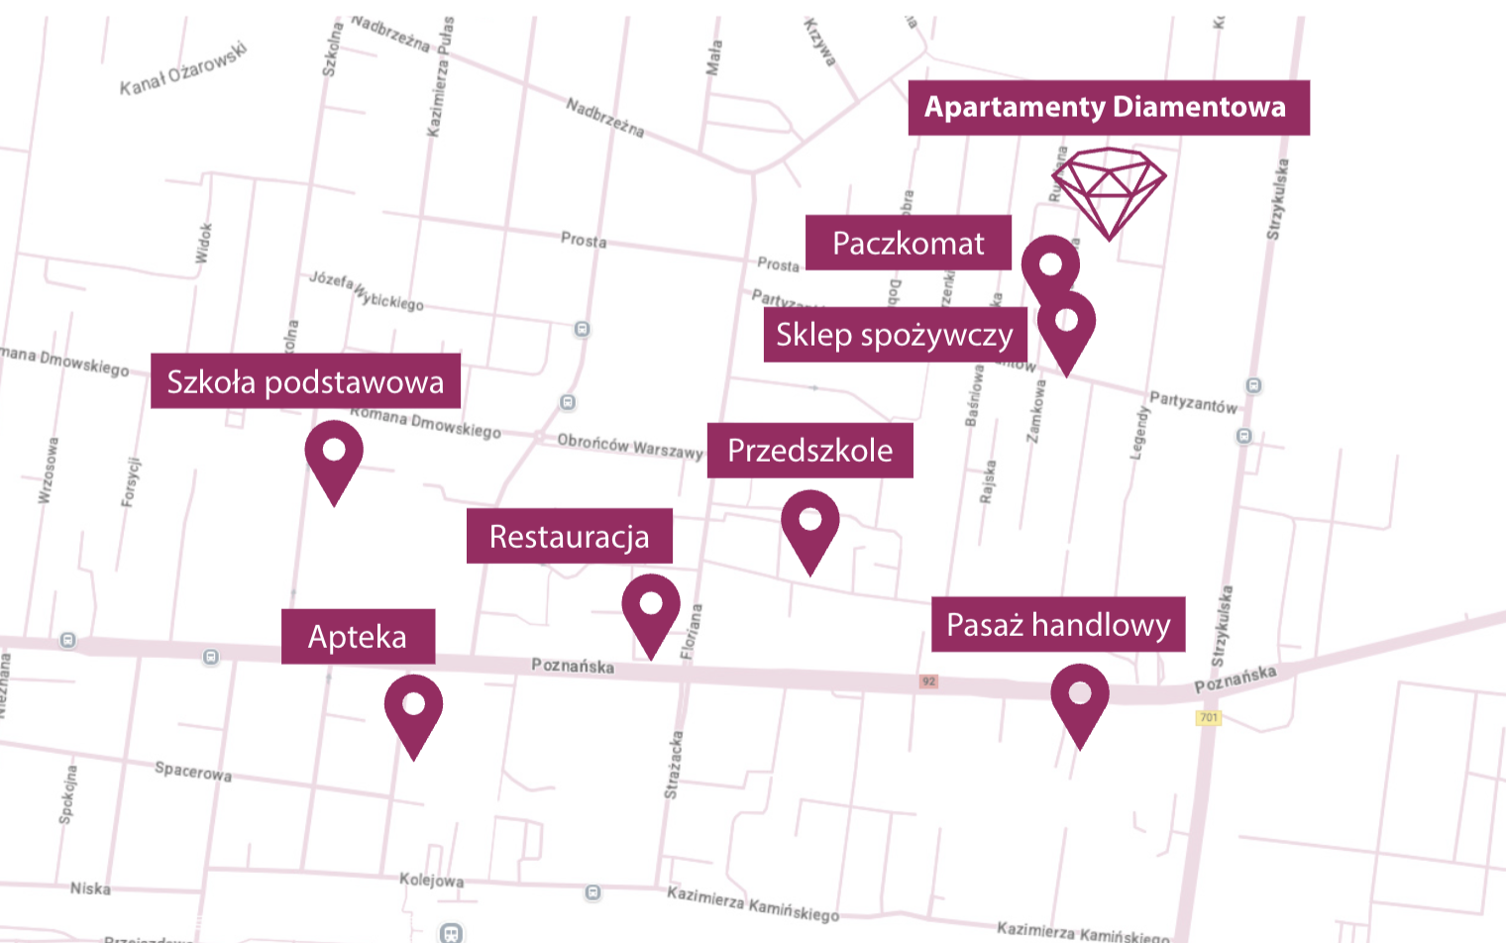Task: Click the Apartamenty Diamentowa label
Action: pyautogui.click(x=1108, y=108)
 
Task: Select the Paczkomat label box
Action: pyautogui.click(x=908, y=243)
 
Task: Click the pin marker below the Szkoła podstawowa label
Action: pyautogui.click(x=334, y=457)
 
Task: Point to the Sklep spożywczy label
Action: pyautogui.click(x=894, y=335)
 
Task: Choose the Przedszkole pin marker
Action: pyautogui.click(x=809, y=527)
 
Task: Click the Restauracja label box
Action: pyautogui.click(x=569, y=536)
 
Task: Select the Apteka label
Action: pyautogui.click(x=358, y=636)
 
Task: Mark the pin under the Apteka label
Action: pyautogui.click(x=413, y=710)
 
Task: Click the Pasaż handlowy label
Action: pyautogui.click(x=1057, y=624)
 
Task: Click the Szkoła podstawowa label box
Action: pyautogui.click(x=305, y=381)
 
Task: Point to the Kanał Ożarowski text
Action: pyautogui.click(x=182, y=70)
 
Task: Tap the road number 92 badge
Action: pyautogui.click(x=928, y=681)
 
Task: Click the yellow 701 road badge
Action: pyautogui.click(x=1209, y=717)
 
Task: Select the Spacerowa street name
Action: pyautogui.click(x=193, y=771)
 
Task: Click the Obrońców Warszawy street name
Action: pyautogui.click(x=629, y=446)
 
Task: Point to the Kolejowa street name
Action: pyautogui.click(x=431, y=880)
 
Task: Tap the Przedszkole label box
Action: pyautogui.click(x=809, y=451)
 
